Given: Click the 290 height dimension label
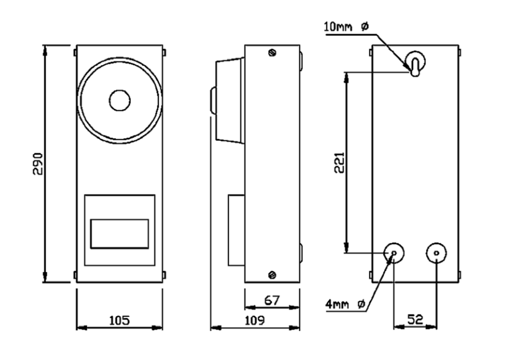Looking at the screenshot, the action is (x=38, y=164).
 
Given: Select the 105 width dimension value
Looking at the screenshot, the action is (x=119, y=320).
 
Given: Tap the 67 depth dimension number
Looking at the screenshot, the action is (x=272, y=300).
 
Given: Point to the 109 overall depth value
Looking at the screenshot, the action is (x=255, y=320).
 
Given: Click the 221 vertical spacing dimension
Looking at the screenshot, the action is (x=339, y=162).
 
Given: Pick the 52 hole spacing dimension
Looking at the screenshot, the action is (x=415, y=319).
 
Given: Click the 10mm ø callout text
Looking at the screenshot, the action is (x=346, y=26).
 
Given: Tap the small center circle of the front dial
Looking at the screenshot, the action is (x=119, y=101).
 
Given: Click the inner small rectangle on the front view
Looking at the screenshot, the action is (x=119, y=233).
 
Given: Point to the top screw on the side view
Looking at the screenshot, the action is (x=272, y=53).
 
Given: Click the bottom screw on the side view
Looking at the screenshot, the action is (x=272, y=275).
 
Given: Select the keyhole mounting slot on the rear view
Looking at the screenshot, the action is (x=415, y=63).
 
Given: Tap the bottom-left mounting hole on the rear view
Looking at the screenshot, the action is (x=394, y=253).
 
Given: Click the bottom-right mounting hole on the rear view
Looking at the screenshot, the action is (x=436, y=253).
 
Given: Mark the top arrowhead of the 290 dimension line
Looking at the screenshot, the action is (x=45, y=50).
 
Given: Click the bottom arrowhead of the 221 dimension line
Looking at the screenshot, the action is (x=346, y=248).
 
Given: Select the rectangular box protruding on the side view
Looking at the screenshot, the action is (x=236, y=230).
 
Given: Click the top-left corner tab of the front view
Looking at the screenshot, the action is (x=75, y=53).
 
